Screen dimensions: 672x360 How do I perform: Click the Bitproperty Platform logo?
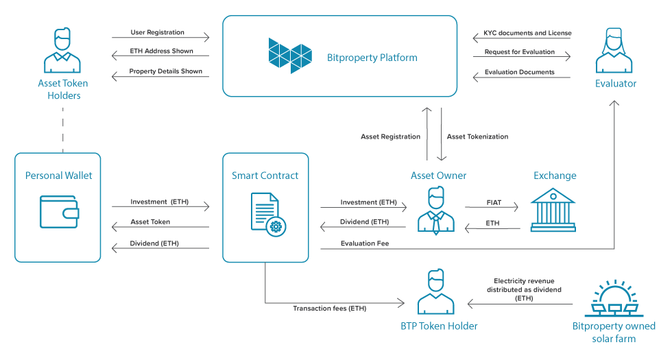[x=290, y=56]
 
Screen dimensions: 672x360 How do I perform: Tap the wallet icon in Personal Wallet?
[x=59, y=212]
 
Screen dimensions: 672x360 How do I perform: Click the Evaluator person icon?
[x=614, y=51]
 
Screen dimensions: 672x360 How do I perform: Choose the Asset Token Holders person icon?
[x=62, y=51]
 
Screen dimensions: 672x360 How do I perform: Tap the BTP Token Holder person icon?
[x=436, y=292]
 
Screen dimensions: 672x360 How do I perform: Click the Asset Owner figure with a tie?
[x=436, y=211]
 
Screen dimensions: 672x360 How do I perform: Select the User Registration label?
[x=157, y=32]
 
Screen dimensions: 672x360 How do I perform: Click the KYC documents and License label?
[x=527, y=33]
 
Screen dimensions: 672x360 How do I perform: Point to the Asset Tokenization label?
[x=477, y=136]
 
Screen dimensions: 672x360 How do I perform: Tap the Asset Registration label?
[x=390, y=136]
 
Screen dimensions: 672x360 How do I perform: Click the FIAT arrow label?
[x=494, y=202]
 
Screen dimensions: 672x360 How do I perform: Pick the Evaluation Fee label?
[x=365, y=243]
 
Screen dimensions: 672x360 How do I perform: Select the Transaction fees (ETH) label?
[x=330, y=308]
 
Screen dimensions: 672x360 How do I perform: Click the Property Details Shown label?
[x=165, y=71]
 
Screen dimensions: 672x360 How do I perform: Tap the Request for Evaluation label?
[x=520, y=52]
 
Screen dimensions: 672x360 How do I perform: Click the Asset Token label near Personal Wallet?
[x=150, y=221]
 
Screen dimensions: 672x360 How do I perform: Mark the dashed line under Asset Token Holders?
[x=62, y=130]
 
